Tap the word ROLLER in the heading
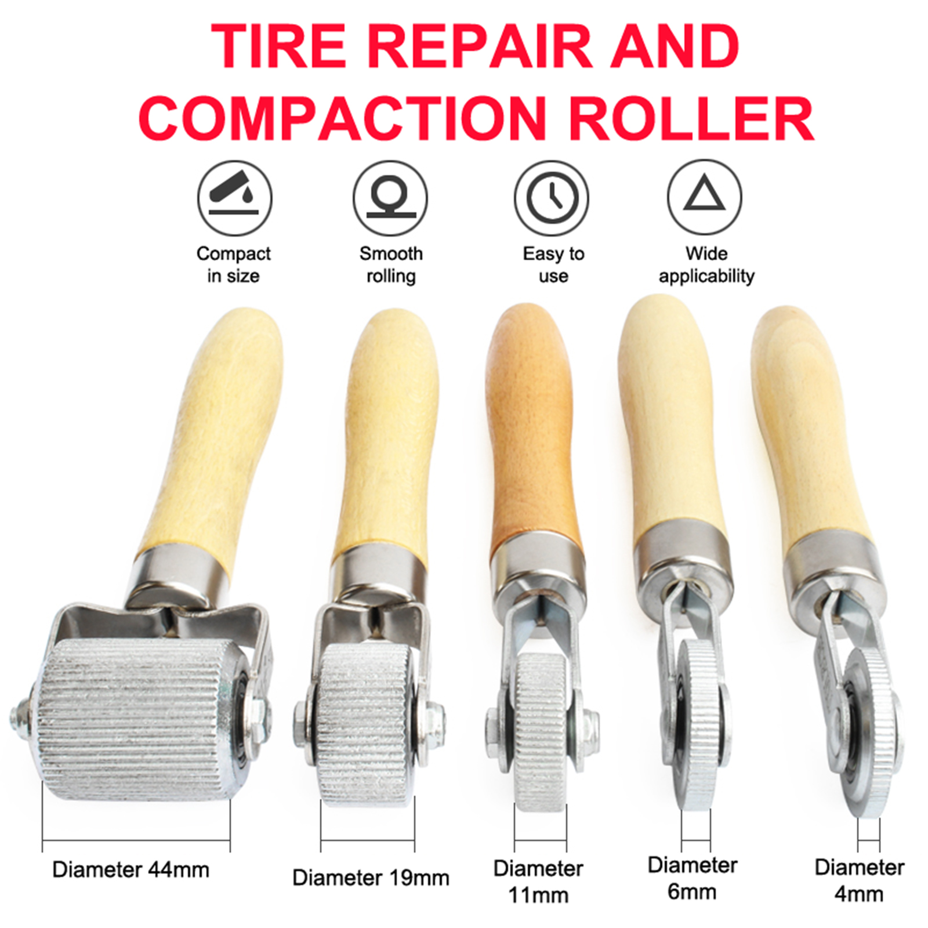[x=691, y=119]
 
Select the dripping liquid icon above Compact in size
[x=234, y=197]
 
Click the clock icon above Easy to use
[x=552, y=197]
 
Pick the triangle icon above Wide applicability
[x=705, y=197]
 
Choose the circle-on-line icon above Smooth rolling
[x=390, y=197]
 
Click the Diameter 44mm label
[x=130, y=869]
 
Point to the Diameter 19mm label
[x=371, y=878]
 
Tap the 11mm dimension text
[x=538, y=895]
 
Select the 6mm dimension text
[x=692, y=891]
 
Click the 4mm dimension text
[x=859, y=894]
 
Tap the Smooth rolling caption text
[x=390, y=264]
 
